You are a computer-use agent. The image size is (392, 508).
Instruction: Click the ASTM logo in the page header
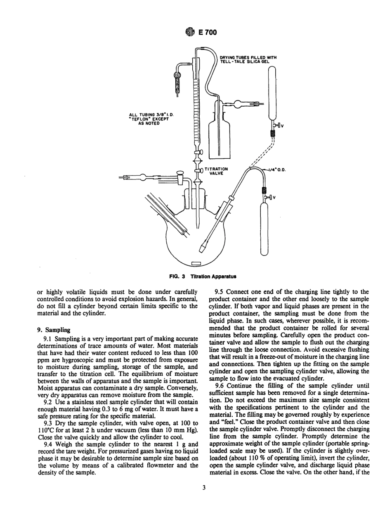187,33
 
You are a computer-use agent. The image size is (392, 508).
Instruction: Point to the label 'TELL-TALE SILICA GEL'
244,61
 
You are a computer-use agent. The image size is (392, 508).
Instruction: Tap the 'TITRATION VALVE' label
216,171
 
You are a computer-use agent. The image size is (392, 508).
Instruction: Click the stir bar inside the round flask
196,263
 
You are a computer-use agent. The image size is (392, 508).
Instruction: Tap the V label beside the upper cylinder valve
282,126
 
